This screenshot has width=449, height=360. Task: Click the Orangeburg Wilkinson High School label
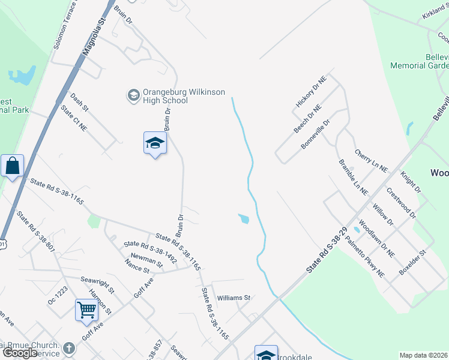[x=176, y=96]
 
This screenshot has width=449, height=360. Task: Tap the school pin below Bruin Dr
[x=155, y=144]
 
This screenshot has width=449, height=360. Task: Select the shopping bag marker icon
[x=12, y=166]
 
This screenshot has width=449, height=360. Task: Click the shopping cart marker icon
[x=87, y=311]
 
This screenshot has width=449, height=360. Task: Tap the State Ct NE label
[x=74, y=118]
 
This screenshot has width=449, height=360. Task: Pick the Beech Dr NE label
[x=307, y=118]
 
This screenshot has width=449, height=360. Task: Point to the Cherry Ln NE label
[x=371, y=161]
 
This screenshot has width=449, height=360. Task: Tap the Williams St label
[x=233, y=297]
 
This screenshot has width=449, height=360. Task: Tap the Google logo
[x=20, y=353]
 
